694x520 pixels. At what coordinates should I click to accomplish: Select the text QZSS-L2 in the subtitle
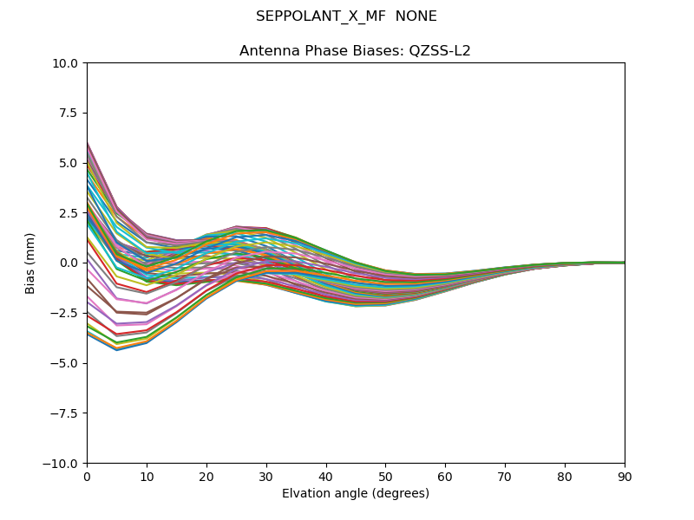click(443, 50)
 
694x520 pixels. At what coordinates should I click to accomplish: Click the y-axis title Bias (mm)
click(30, 263)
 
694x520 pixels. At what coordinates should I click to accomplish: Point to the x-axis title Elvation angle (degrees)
click(356, 494)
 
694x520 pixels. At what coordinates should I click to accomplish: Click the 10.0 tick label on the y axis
click(66, 63)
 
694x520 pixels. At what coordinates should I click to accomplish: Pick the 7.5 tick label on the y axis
click(69, 113)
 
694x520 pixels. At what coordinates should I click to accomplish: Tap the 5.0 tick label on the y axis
click(69, 163)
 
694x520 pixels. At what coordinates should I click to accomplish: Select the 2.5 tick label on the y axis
click(69, 213)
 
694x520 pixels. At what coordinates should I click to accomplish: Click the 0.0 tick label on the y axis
click(69, 263)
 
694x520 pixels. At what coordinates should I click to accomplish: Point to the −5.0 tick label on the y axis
click(65, 363)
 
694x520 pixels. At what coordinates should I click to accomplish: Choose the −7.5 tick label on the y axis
click(65, 413)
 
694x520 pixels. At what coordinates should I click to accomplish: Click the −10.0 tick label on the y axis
click(62, 464)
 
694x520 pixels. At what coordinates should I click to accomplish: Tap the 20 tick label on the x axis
click(206, 477)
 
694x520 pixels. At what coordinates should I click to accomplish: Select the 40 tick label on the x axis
click(326, 477)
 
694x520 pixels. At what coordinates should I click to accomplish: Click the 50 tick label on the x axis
click(385, 477)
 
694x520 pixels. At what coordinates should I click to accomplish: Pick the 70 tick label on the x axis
click(505, 477)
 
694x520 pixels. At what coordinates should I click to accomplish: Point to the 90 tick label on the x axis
click(625, 477)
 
